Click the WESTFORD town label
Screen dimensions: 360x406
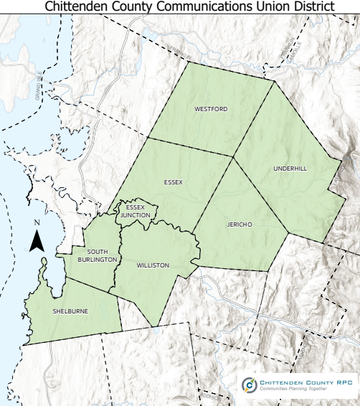(211, 109)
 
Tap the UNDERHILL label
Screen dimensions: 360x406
(290, 169)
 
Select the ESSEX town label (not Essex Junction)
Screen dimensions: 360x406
(173, 181)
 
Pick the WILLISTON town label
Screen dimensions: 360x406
(152, 265)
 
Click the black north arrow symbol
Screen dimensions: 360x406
(37, 240)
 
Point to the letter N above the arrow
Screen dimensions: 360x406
(37, 222)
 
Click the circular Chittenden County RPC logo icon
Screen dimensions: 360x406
(249, 385)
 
